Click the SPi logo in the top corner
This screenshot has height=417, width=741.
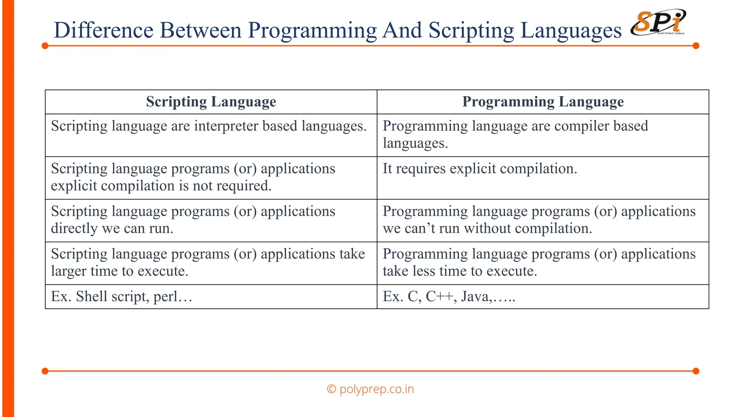coord(658,22)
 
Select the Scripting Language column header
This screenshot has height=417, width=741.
coord(211,102)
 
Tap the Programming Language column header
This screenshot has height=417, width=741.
coord(543,102)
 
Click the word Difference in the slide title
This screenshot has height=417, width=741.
coord(103,30)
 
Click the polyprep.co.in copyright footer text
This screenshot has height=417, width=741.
coord(370,389)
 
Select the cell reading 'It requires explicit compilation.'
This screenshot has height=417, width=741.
coord(480,169)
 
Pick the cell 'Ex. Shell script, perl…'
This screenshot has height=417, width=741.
coord(122,296)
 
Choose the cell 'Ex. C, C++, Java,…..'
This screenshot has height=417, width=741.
coord(449,296)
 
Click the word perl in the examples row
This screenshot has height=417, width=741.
coord(165,297)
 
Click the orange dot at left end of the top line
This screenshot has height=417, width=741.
coord(45,46)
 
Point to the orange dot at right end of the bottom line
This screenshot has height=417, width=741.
coord(696,371)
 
